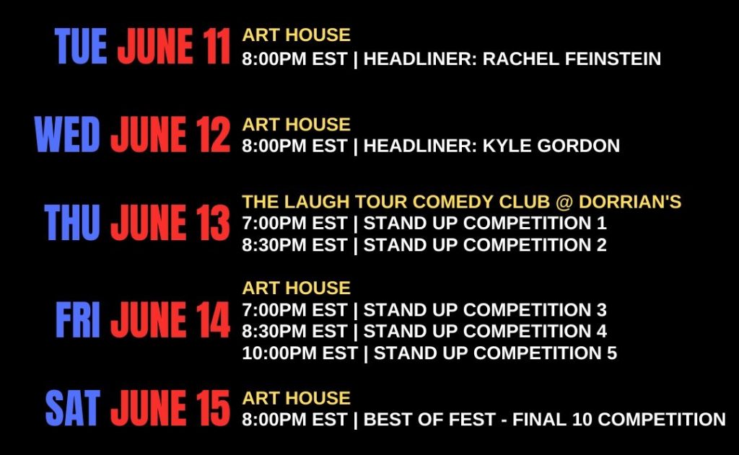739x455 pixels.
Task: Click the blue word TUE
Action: (x=81, y=45)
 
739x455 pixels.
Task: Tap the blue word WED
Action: (x=67, y=134)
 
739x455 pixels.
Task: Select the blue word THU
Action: (x=72, y=222)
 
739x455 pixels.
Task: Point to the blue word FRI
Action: (x=78, y=320)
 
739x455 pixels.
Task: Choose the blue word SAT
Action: (x=73, y=408)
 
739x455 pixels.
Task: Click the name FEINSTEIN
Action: (x=613, y=59)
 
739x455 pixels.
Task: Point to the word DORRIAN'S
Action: (x=630, y=202)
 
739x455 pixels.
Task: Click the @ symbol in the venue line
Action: (x=564, y=202)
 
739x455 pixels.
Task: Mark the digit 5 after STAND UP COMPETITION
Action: (x=612, y=353)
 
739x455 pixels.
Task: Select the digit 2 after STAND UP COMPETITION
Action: (x=601, y=245)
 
